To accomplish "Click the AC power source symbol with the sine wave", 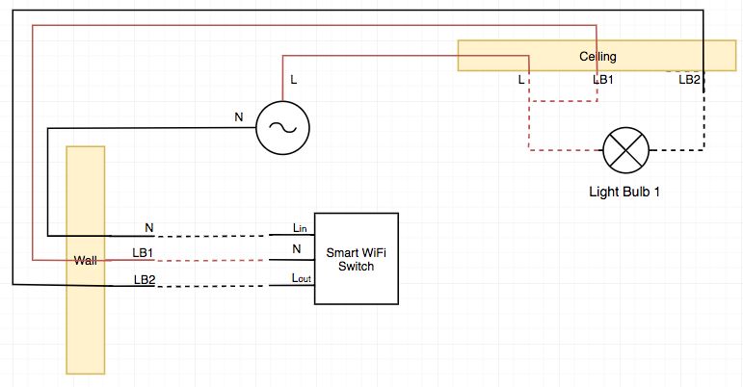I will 281,126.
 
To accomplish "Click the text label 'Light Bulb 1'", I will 624,191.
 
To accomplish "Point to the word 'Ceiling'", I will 597,57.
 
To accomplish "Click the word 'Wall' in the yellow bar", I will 87,261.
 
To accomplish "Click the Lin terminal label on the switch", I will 300,228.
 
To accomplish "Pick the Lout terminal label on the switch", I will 301,278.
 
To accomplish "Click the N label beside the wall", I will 149,228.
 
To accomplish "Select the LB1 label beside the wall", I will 144,253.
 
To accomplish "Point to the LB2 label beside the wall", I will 144,279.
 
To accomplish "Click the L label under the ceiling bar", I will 521,79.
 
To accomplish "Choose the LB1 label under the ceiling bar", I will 604,79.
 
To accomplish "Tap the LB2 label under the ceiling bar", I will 689,79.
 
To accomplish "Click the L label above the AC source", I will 294,79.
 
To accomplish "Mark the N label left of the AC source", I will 239,116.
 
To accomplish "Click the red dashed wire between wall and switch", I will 212,260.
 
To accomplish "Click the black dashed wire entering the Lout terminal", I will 212,285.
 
